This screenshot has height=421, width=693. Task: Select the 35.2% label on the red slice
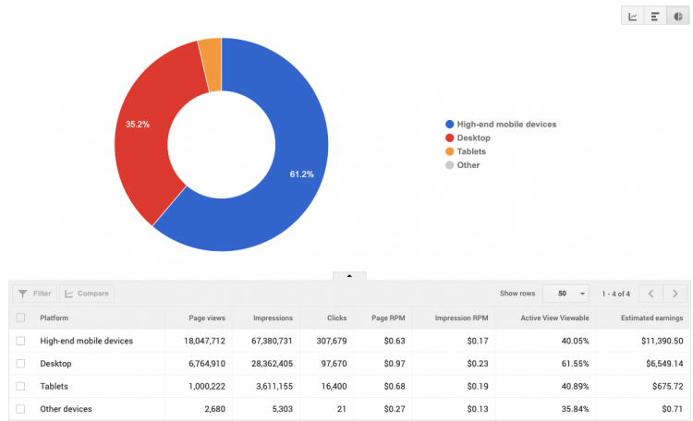[138, 123]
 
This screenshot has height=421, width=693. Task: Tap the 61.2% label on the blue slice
[302, 174]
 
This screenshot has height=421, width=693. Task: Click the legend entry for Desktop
[473, 138]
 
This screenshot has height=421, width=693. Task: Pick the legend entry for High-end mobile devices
[505, 124]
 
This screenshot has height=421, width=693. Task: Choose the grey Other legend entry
[468, 165]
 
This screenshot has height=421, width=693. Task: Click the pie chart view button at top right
[679, 16]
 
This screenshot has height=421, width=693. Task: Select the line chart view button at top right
[633, 16]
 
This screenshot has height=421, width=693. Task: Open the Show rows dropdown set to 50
[565, 294]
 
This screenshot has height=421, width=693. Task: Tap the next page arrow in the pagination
[676, 294]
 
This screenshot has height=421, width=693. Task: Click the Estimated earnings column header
[652, 319]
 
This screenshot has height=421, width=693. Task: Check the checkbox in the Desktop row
[20, 364]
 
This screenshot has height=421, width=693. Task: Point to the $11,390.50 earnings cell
[658, 341]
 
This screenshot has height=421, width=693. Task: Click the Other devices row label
[66, 408]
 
